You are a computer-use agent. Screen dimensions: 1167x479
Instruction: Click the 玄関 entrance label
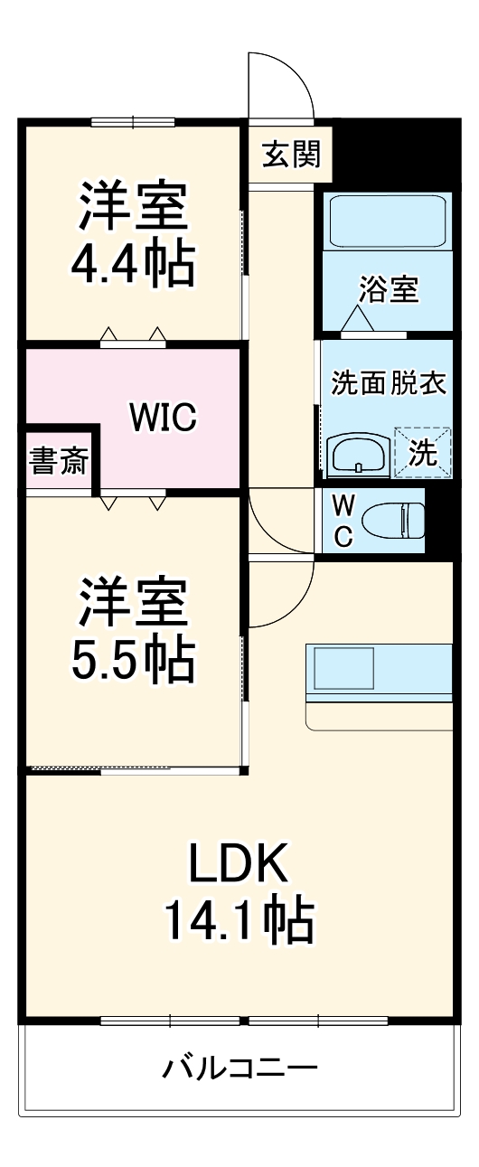click(291, 155)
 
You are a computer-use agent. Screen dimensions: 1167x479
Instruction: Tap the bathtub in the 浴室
click(388, 221)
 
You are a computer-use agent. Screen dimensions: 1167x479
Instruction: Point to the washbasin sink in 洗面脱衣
click(360, 455)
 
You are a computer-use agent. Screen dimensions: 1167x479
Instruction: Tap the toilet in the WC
click(393, 521)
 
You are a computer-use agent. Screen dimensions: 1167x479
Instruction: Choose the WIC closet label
click(163, 417)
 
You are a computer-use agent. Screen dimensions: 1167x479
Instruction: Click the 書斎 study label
click(59, 463)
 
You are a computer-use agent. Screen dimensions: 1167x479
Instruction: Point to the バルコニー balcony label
click(239, 1069)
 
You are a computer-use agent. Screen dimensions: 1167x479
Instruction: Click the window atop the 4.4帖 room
click(133, 122)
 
